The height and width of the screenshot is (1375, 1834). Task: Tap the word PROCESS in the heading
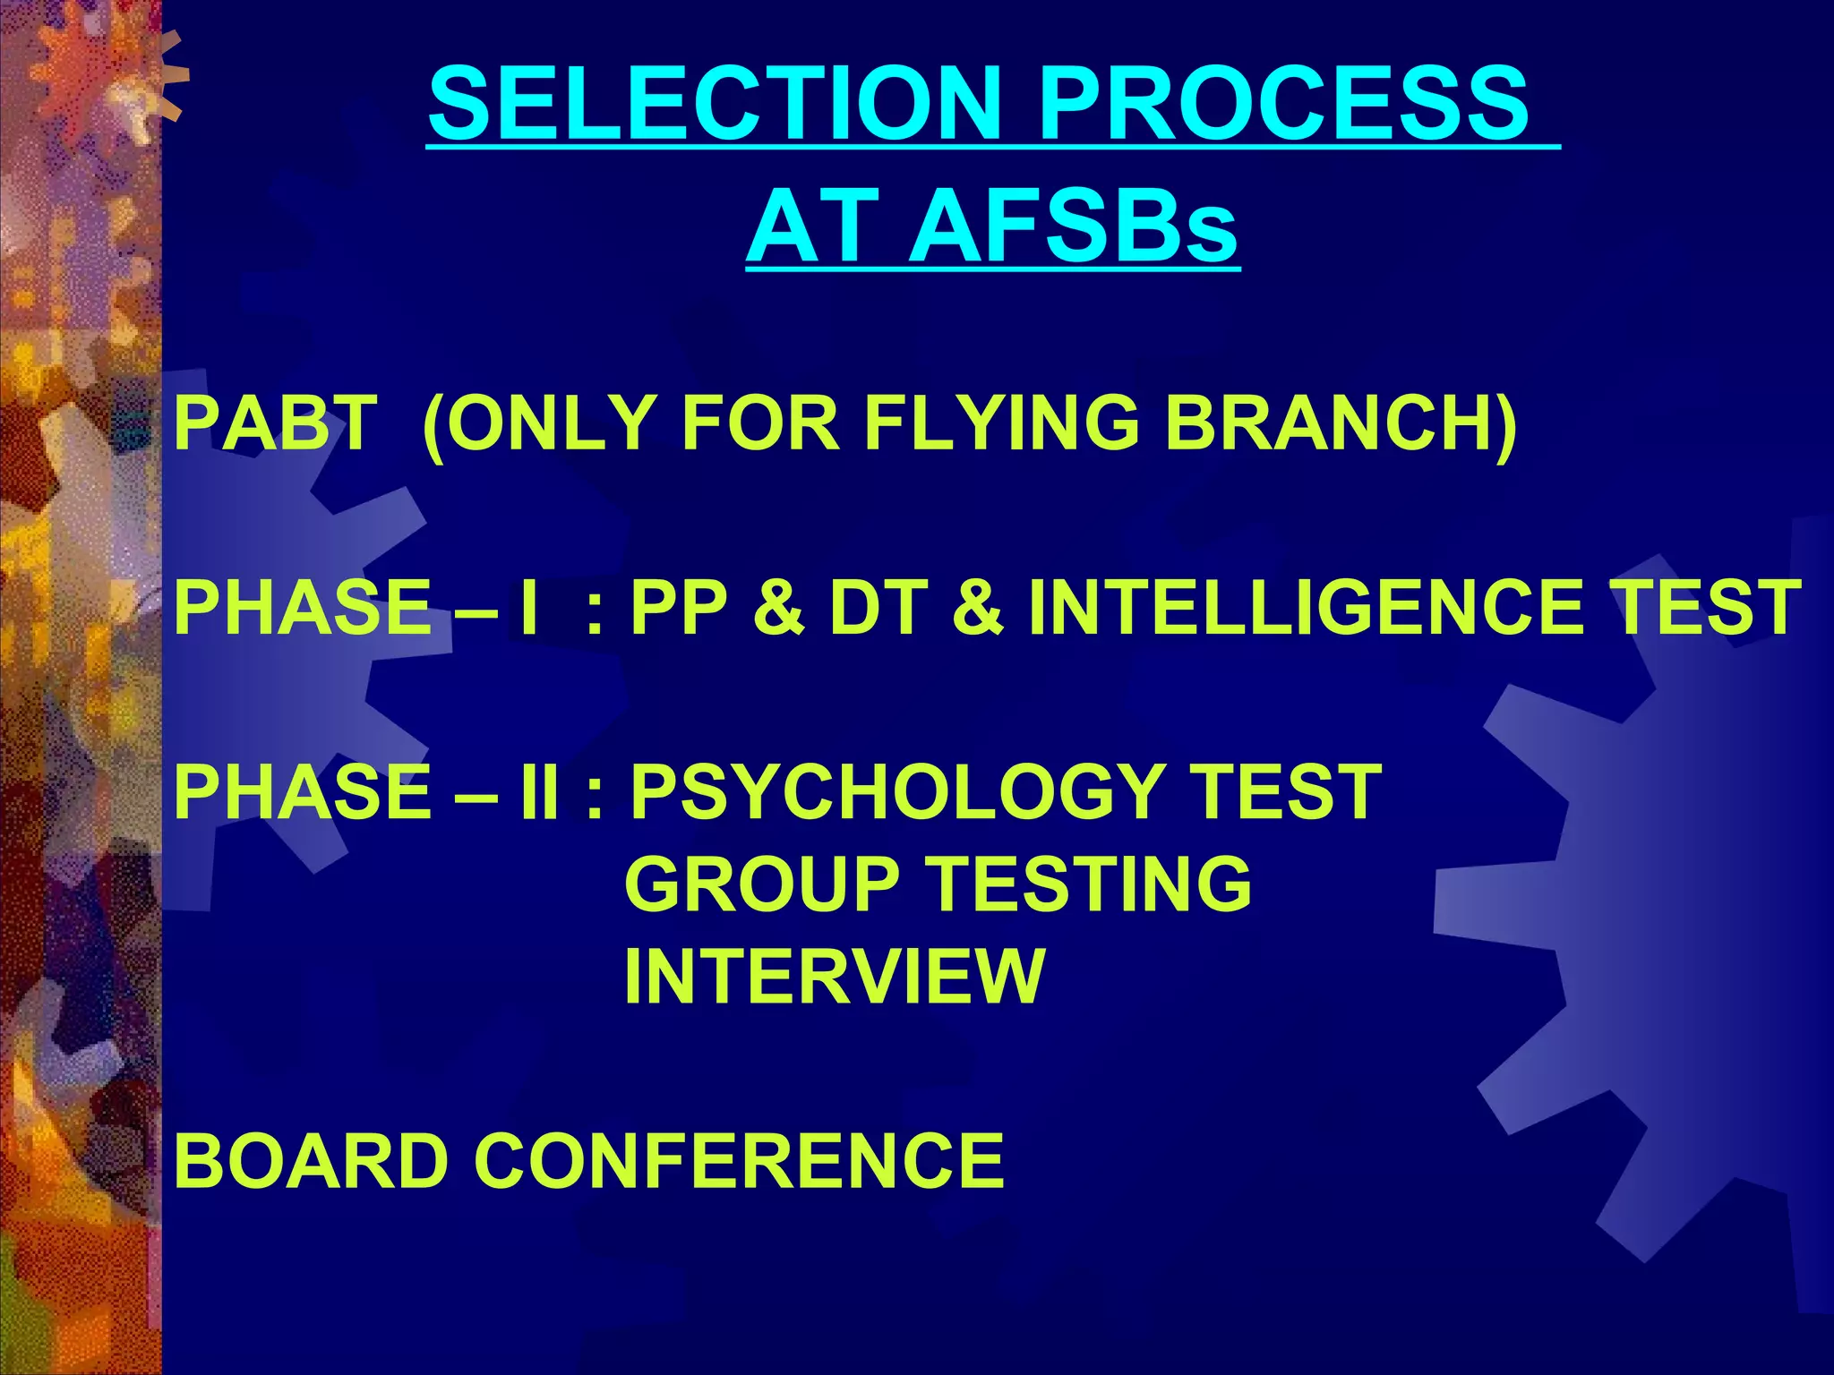pyautogui.click(x=1283, y=105)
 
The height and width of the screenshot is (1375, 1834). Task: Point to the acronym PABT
pyautogui.click(x=276, y=423)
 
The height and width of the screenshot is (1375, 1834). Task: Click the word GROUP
pyautogui.click(x=762, y=884)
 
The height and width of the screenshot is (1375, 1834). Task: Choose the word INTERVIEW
pyautogui.click(x=835, y=978)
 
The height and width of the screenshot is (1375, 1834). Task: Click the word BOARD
pyautogui.click(x=310, y=1161)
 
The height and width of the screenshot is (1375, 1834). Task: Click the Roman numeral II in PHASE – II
pyautogui.click(x=540, y=793)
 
